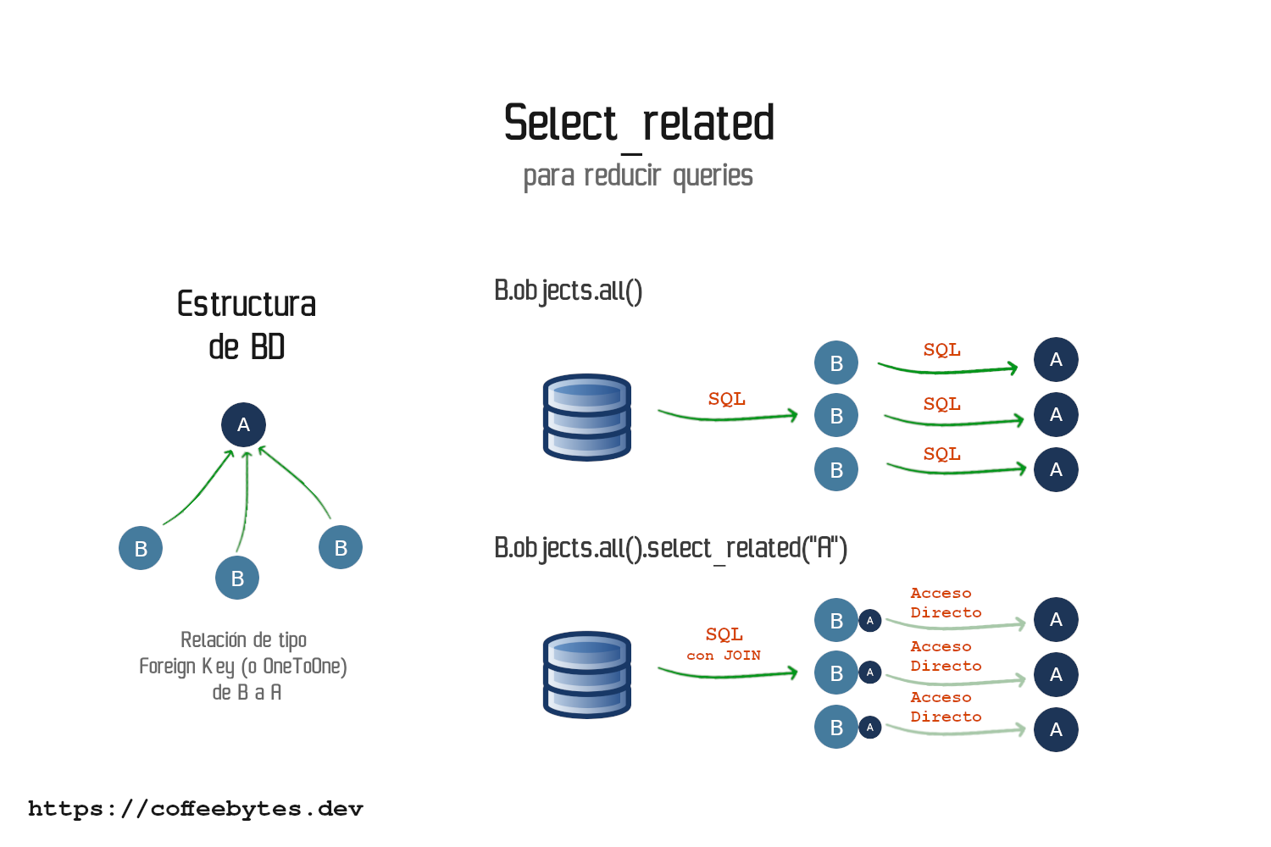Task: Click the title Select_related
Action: point(639,124)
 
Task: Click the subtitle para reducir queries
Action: point(638,175)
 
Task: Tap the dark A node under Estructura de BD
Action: point(243,424)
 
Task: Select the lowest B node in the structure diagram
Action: point(237,578)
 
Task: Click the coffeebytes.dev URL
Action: point(196,809)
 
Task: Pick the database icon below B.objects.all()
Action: point(586,417)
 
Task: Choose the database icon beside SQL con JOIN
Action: point(586,674)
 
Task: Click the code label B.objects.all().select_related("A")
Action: point(670,549)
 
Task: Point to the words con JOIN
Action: point(724,656)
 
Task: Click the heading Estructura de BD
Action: point(246,325)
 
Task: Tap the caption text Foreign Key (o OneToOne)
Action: point(243,667)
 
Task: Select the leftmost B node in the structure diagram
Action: point(141,548)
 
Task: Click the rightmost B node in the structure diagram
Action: point(341,547)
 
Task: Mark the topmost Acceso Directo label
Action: point(946,602)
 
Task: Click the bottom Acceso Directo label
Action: point(946,706)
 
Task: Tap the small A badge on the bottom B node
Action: point(870,727)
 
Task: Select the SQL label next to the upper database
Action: point(726,399)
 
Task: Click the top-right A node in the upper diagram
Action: point(1056,359)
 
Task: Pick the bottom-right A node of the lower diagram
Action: point(1056,729)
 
